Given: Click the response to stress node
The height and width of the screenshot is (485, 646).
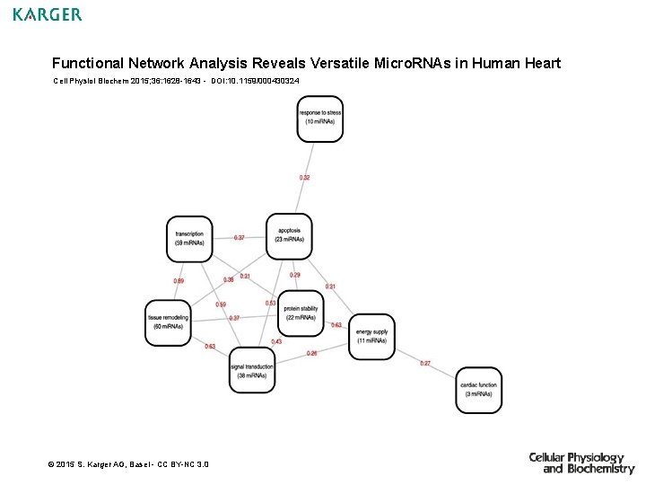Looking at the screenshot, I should [320, 118].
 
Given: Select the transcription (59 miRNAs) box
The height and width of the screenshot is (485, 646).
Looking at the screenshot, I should [189, 239].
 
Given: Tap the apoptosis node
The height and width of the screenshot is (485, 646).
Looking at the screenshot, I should [289, 235].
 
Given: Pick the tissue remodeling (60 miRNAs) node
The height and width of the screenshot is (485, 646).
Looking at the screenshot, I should [169, 322].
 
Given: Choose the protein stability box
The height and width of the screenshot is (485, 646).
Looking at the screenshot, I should [301, 313].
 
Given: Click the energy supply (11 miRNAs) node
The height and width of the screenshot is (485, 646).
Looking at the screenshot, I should [371, 337].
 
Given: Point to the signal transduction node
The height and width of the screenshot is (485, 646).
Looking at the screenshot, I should [252, 370].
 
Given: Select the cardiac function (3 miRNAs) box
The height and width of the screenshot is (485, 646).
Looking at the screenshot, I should [478, 390].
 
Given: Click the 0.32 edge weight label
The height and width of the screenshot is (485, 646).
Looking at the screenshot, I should [305, 178].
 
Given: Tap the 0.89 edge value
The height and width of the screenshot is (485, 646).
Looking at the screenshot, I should [179, 281].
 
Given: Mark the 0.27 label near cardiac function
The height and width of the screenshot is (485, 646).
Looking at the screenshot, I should [425, 363].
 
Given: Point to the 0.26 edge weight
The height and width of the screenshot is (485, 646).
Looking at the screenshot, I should [311, 353].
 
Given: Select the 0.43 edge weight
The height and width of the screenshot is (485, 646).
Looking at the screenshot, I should [276, 341].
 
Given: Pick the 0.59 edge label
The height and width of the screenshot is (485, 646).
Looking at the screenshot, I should [221, 304].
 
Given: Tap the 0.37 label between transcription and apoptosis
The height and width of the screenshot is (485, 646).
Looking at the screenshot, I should [239, 238].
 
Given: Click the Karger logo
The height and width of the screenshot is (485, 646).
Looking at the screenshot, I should [47, 14].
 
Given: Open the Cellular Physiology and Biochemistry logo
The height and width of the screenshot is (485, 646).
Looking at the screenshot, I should [581, 463].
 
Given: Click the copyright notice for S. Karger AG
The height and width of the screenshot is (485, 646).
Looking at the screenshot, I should [127, 464].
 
